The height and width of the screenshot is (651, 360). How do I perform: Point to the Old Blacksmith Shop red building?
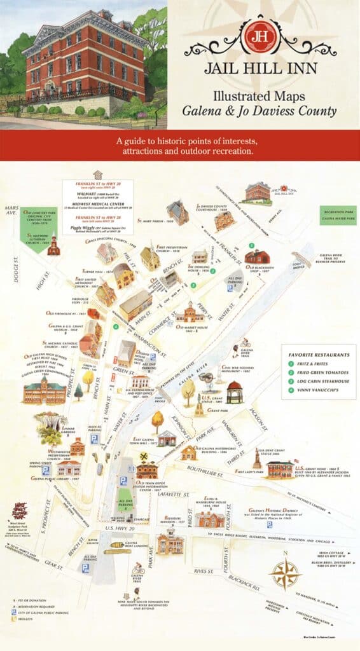pos(257,257)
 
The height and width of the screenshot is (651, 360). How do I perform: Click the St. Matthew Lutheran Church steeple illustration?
pos(53,245)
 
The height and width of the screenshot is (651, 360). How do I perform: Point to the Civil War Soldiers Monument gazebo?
pos(235,392)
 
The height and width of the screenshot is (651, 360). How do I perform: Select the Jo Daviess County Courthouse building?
pos(224,221)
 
